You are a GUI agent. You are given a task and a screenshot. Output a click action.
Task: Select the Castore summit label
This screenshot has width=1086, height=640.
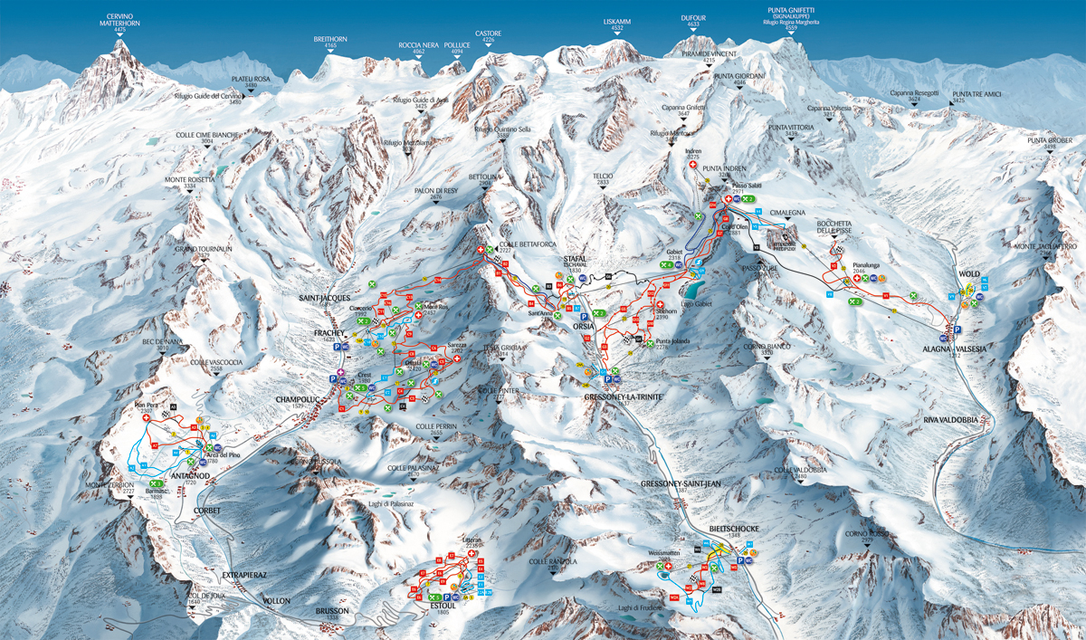(x=489, y=36)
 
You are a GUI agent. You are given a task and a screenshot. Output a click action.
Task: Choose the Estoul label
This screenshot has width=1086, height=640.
(x=443, y=608)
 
